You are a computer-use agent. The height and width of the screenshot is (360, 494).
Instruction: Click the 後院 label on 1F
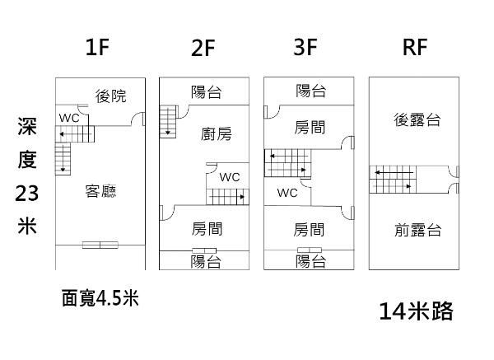(x=111, y=96)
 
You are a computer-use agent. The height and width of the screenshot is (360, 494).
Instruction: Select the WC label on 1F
(x=68, y=117)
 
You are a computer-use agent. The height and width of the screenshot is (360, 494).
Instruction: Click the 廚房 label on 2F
(x=216, y=134)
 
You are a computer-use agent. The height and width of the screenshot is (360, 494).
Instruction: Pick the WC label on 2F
(x=230, y=177)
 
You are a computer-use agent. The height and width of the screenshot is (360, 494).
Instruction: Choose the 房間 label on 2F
(x=207, y=228)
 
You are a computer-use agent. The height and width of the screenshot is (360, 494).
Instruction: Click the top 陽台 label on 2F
(x=206, y=92)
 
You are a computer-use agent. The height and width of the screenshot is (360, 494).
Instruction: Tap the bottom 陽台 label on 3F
(x=310, y=261)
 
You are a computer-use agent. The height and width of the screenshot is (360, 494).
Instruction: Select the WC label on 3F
(x=287, y=193)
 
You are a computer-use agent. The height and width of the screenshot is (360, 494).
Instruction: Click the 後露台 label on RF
(x=417, y=120)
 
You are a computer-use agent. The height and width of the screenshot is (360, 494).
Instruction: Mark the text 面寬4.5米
(x=100, y=298)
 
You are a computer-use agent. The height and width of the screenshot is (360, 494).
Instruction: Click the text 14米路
(x=417, y=311)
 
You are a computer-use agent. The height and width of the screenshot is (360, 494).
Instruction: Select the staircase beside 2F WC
(x=226, y=197)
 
